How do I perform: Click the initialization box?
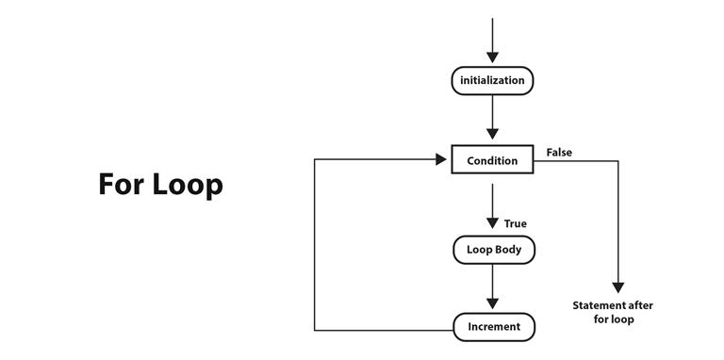[492, 81]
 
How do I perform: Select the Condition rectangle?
[492, 160]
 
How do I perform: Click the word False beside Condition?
[559, 152]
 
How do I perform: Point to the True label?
[516, 223]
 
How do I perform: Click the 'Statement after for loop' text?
[613, 312]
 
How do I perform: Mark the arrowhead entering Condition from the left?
[441, 160]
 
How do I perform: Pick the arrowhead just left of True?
[492, 223]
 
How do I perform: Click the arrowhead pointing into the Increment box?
[492, 303]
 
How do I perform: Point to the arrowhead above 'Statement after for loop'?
[618, 287]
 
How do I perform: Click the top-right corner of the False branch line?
[618, 161]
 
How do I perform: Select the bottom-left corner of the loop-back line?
[315, 330]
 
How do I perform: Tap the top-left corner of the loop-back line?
[315, 160]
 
